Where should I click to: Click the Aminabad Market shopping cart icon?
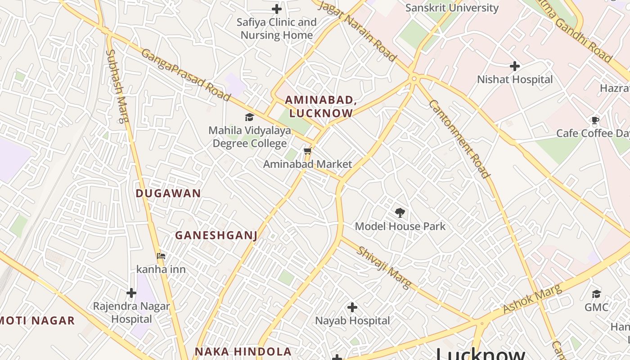pos(308,151)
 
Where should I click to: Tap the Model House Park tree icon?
pos(400,213)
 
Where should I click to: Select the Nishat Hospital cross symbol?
pos(515,66)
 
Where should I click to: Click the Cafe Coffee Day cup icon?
pos(595,120)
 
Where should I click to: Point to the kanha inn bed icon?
pos(161,256)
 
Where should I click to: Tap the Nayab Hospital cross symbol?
pos(352,307)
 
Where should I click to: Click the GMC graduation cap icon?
pos(596,294)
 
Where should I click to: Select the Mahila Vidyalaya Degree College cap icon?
pos(249,117)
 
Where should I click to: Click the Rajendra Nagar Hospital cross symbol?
pos(131,293)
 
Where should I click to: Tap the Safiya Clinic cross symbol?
pos(277,9)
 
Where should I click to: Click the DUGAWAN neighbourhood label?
pos(168,193)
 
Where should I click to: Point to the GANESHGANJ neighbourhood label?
pos(216,235)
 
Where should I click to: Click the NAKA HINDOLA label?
pos(243,351)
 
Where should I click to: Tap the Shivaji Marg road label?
pos(384,267)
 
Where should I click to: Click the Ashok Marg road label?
pos(532,299)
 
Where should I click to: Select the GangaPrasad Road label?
pos(186,75)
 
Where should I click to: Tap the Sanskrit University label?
pos(452,8)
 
